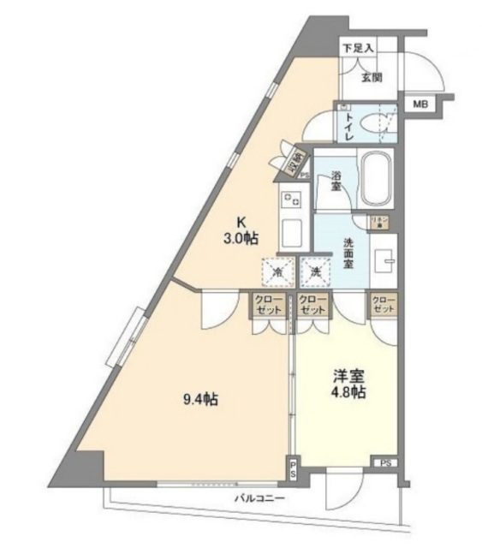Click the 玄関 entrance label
point(371,78)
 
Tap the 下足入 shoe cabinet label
point(359,48)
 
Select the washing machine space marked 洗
point(315,272)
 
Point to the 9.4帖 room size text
point(199,398)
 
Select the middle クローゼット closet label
point(312,304)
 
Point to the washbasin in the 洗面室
point(385,259)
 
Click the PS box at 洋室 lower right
point(384,462)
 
